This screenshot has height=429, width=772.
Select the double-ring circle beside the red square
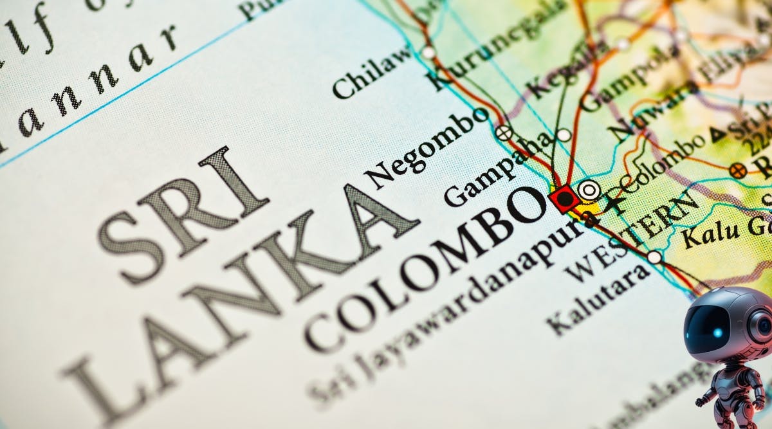[x=588, y=190]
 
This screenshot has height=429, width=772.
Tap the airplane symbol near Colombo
[x=616, y=202]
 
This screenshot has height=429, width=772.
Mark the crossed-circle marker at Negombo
[x=504, y=132]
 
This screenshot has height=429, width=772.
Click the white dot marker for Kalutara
[x=654, y=257]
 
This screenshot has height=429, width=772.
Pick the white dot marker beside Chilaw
[x=428, y=52]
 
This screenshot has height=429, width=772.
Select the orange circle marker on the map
[x=738, y=170]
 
